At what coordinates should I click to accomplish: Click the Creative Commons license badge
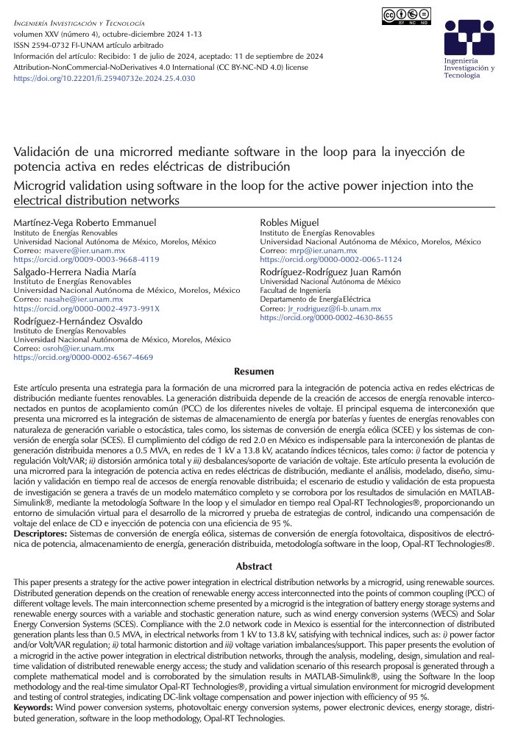pos(406,16)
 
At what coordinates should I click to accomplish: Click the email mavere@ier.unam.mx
pos(71,251)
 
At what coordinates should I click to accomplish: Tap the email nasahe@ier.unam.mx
pos(71,300)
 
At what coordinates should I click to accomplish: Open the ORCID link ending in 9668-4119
pos(87,260)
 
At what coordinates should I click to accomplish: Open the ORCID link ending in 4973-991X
pos(87,308)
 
